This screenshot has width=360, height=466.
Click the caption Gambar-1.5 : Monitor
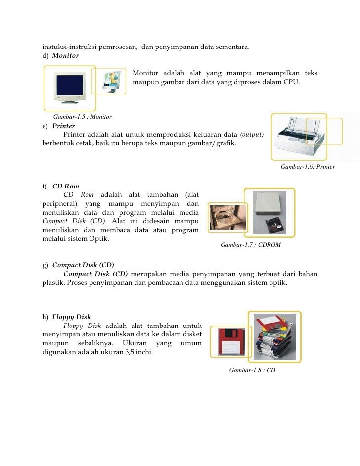[x=79, y=117]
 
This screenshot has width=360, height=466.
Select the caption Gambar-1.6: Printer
[x=308, y=167]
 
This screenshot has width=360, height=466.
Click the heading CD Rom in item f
[x=65, y=186]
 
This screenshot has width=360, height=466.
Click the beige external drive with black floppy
[x=269, y=213]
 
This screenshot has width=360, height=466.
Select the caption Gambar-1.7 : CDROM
[x=251, y=245]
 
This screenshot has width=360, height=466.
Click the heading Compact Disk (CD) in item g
[x=83, y=265]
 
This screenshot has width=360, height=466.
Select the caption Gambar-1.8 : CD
[x=252, y=370]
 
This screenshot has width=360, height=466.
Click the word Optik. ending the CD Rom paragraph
[x=97, y=239]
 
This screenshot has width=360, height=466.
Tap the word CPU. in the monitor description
[x=292, y=82]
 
